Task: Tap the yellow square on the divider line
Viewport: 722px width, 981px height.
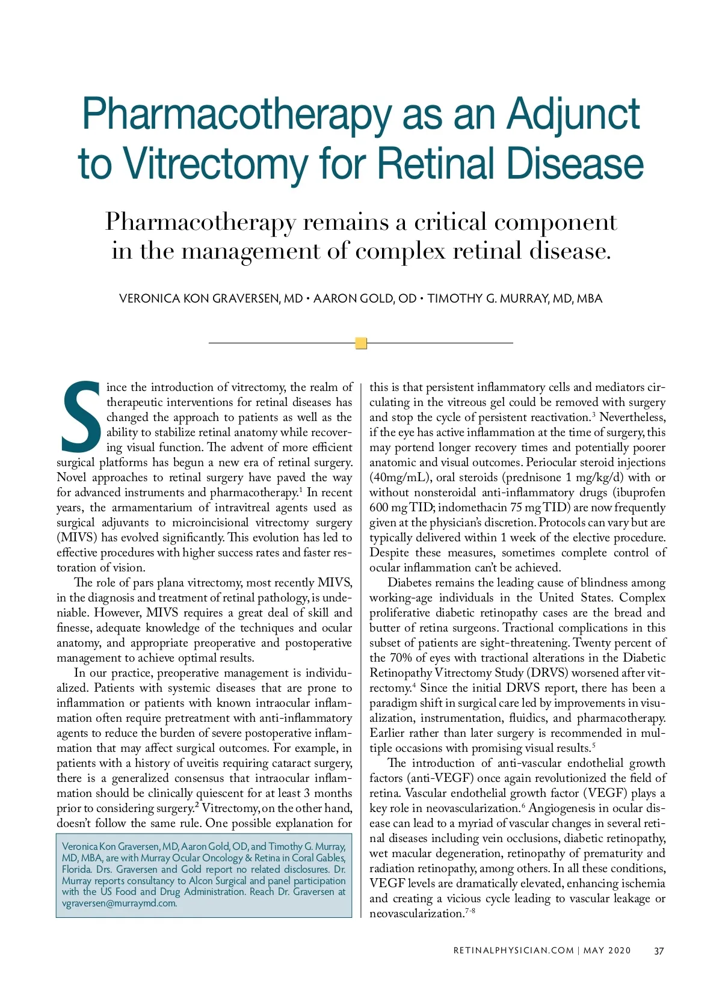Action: (361, 343)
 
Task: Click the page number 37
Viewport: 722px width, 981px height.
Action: (659, 950)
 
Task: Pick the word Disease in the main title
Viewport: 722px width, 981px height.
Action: (574, 164)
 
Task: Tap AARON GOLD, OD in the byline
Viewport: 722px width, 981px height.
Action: (365, 299)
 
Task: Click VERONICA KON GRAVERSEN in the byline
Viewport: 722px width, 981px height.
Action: (200, 299)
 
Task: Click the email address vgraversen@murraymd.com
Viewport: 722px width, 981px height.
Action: (119, 903)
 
